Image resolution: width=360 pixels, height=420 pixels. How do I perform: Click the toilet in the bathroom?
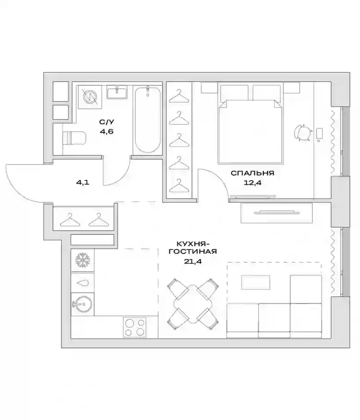tap(74, 139)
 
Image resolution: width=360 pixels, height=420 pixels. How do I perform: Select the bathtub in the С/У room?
tap(148, 119)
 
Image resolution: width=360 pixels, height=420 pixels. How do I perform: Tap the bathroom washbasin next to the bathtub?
tap(117, 92)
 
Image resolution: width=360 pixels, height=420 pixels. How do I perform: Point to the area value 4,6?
tap(107, 131)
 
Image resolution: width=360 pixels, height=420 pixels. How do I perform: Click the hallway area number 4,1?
tap(82, 183)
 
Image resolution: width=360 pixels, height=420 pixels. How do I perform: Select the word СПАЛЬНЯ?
tap(252, 173)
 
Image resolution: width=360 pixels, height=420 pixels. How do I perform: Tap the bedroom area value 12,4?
tap(252, 183)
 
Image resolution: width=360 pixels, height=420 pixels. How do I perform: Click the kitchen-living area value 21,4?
tap(193, 261)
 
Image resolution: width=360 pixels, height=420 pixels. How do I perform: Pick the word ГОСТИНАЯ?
tap(193, 252)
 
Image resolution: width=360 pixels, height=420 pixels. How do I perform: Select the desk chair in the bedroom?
tap(303, 133)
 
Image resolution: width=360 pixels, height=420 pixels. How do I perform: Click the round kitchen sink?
tap(82, 304)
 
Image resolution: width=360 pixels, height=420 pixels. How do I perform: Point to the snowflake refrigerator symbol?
tap(83, 260)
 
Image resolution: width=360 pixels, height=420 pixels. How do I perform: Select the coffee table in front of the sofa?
tap(256, 282)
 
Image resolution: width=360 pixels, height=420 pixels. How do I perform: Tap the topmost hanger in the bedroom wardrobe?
tap(179, 96)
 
